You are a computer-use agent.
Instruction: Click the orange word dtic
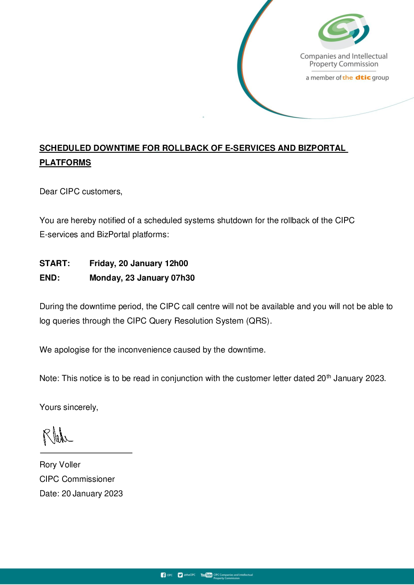[x=363, y=77]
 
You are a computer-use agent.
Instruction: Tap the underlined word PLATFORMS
[x=65, y=163]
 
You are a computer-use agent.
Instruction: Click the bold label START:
[x=55, y=263]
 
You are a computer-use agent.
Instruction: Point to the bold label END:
[x=50, y=278]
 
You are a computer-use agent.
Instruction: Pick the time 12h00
[x=176, y=263]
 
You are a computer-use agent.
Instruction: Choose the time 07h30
[x=183, y=278]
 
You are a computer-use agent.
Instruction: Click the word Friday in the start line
[x=102, y=263]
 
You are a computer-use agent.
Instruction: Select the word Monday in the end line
[x=105, y=278]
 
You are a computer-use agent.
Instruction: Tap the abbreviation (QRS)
[x=259, y=321]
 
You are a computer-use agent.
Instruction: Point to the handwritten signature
[x=57, y=436]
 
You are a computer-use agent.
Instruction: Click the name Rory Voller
[x=60, y=465]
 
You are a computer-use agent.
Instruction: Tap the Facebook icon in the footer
[x=163, y=575]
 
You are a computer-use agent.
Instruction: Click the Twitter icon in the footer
[x=180, y=575]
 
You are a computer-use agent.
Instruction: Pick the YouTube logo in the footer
[x=206, y=575]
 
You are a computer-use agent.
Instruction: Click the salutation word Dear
[x=48, y=191]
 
